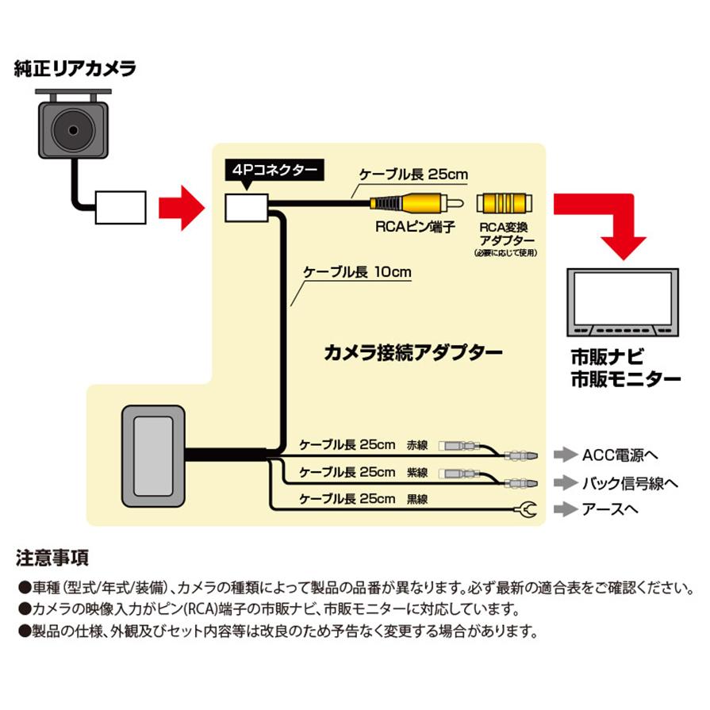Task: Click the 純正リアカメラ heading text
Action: pos(75,67)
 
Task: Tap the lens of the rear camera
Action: pos(73,127)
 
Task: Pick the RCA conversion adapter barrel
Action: pos(505,203)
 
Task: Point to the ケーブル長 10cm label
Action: pos(357,272)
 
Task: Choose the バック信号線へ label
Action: pos(630,482)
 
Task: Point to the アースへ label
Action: pos(609,509)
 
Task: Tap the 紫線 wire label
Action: pos(416,473)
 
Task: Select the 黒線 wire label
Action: pos(416,500)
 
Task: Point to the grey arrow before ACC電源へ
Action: pos(563,455)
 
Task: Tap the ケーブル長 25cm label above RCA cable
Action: pos(413,174)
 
